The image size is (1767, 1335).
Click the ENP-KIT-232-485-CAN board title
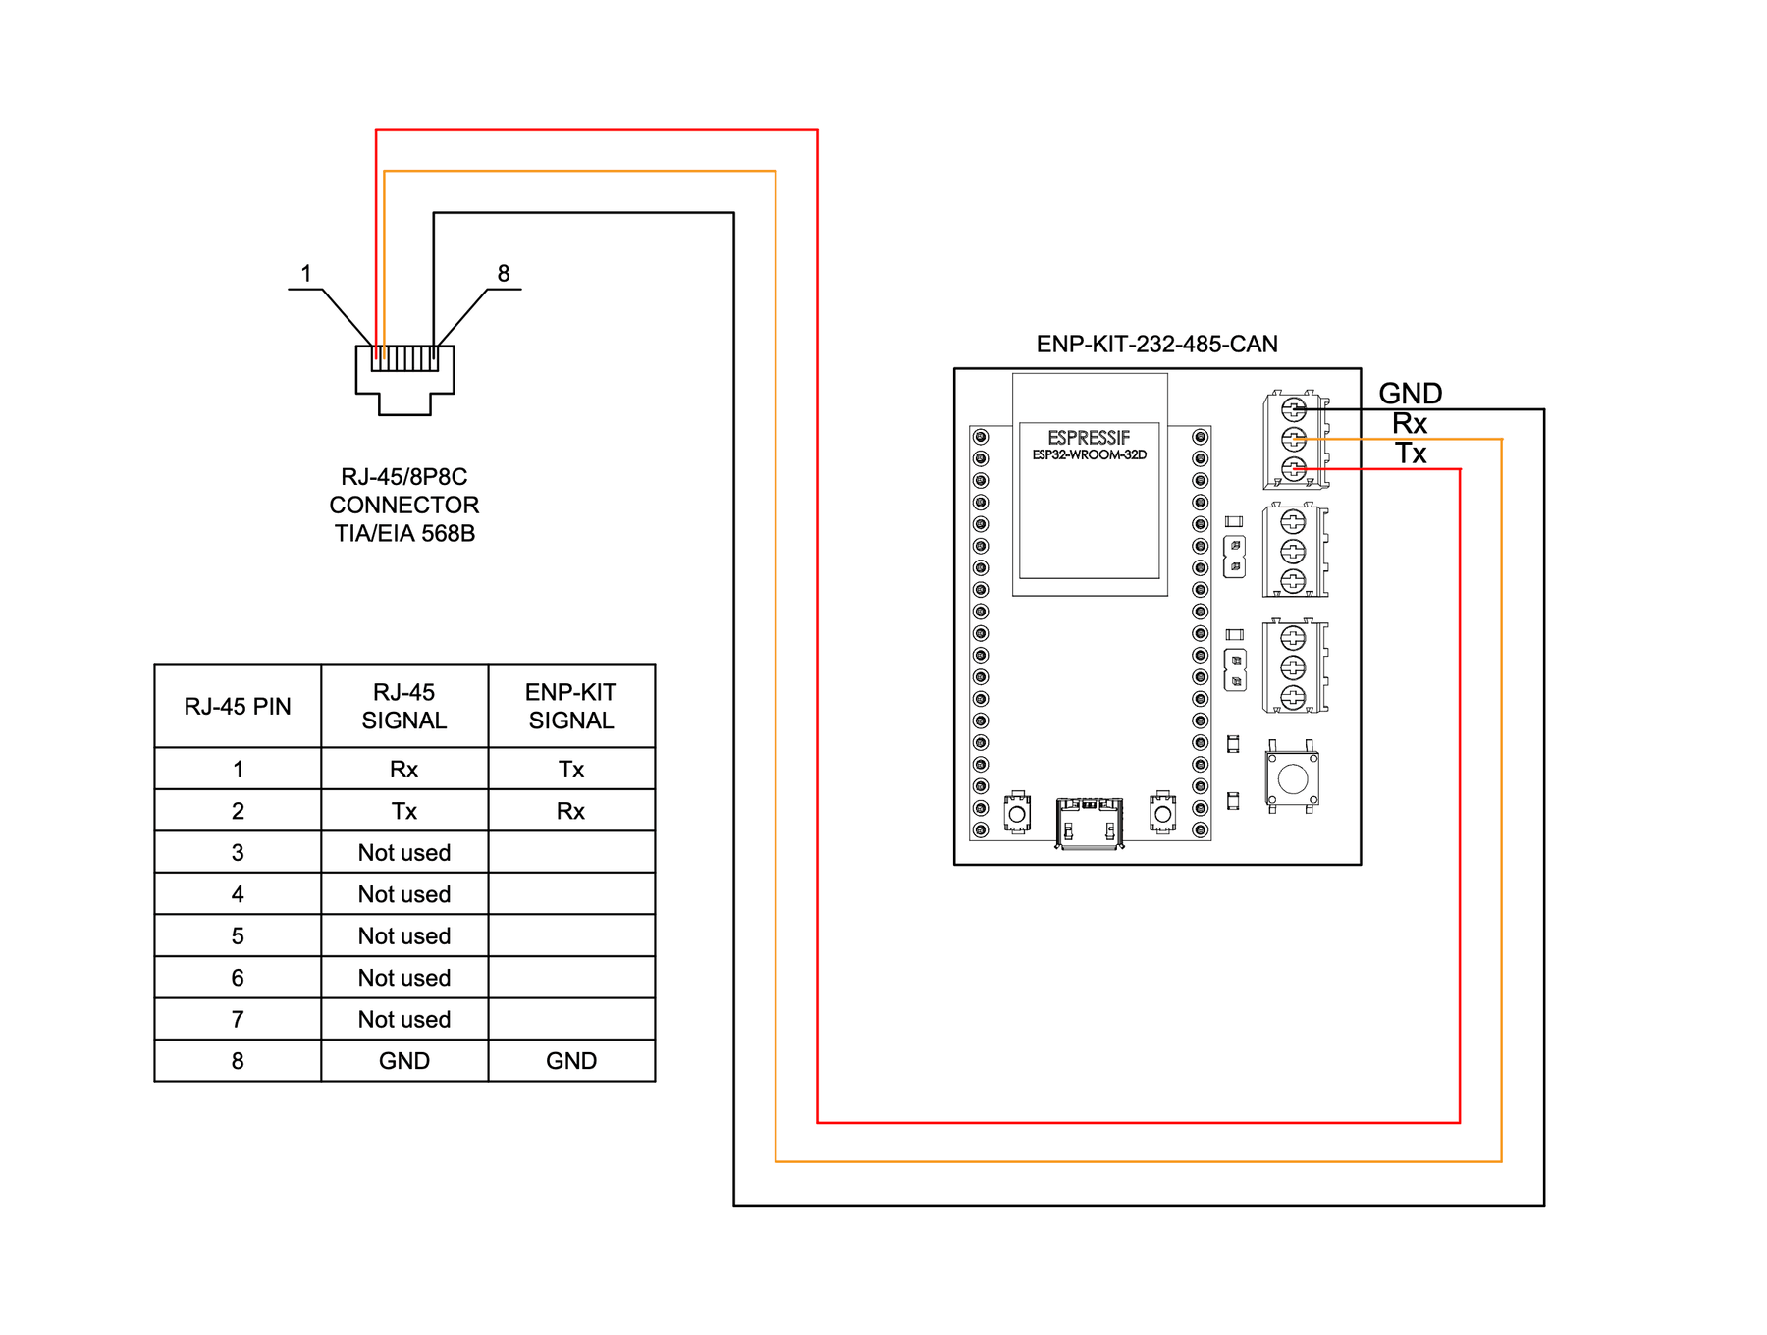pos(1156,345)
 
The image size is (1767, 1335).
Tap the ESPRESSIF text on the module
pos(1088,438)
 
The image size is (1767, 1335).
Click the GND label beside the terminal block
pos(1410,394)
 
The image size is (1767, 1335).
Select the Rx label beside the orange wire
pos(1409,424)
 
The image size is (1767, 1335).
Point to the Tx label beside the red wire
pos(1411,454)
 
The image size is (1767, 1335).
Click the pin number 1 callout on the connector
pos(306,274)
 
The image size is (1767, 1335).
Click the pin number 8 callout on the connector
pos(504,274)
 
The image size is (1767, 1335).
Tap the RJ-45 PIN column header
pos(238,707)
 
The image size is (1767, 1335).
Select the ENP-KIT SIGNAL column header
pos(571,707)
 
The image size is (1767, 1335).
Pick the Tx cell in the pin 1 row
pos(571,770)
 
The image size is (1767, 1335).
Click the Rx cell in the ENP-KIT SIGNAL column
pos(571,812)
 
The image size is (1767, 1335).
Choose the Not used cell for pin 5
pos(404,936)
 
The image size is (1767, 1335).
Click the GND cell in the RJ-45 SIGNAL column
pos(404,1061)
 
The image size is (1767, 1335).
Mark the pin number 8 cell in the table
pos(238,1061)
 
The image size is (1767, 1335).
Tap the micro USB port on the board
pos(1089,823)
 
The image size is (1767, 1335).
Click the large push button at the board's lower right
pos(1293,779)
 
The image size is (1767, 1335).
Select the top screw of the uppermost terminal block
pos(1293,409)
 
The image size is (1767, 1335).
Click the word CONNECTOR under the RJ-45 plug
pos(404,506)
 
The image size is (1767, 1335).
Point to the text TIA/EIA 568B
pos(404,534)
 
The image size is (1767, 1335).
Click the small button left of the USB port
pos(1017,814)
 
